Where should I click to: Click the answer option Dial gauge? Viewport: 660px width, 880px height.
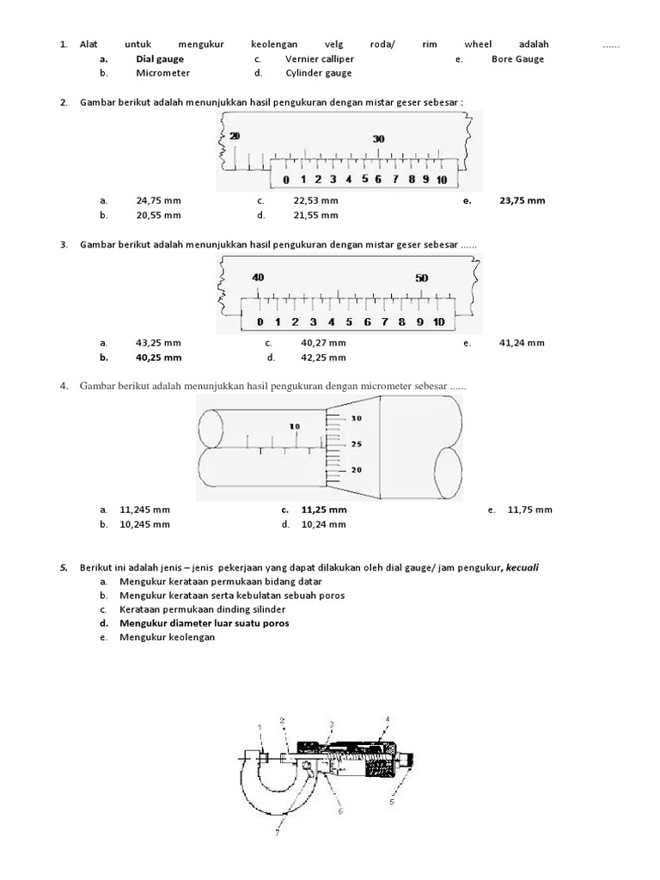(159, 59)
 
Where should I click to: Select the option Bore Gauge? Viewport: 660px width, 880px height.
(517, 59)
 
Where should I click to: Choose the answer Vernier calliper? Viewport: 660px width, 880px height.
(320, 59)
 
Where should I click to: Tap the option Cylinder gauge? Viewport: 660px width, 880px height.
(319, 73)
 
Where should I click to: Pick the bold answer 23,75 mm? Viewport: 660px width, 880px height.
(522, 200)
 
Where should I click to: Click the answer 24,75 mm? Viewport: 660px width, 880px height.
(158, 200)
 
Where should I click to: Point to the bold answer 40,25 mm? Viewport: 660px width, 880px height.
(158, 357)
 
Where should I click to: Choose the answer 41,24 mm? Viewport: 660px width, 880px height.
(522, 343)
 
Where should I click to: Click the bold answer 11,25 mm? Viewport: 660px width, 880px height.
(324, 510)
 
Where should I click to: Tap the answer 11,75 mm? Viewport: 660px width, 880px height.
(529, 510)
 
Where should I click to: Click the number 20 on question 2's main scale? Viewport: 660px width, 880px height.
(235, 136)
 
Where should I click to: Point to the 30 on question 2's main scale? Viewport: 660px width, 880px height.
(378, 138)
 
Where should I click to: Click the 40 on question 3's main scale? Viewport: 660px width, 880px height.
(258, 278)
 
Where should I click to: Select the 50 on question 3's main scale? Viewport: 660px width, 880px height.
(421, 278)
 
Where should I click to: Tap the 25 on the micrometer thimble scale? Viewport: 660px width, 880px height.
(357, 444)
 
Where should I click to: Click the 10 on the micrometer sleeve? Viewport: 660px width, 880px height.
(295, 426)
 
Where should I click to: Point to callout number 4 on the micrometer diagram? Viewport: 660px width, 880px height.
(388, 718)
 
